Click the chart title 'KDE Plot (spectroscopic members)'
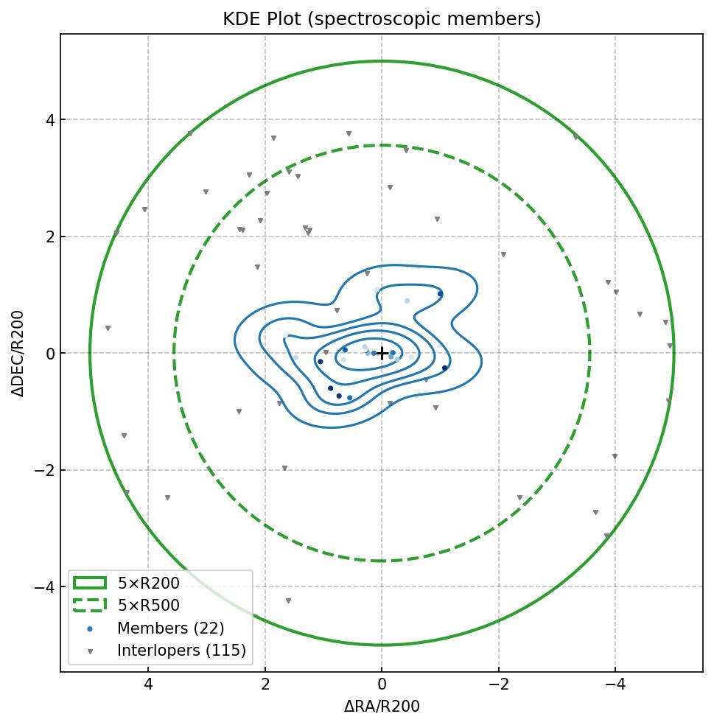click(x=382, y=19)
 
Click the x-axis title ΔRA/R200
click(x=382, y=707)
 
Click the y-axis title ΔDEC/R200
click(x=18, y=354)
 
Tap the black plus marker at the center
click(x=382, y=354)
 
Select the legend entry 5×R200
click(x=148, y=584)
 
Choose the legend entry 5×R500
click(x=148, y=606)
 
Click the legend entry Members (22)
click(x=170, y=628)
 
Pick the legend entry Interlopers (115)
click(x=181, y=651)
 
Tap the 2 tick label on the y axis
click(x=49, y=237)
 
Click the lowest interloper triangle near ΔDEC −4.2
click(x=288, y=601)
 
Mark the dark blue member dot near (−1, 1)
click(x=440, y=294)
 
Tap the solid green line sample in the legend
click(x=90, y=584)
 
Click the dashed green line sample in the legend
click(x=90, y=606)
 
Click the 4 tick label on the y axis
click(x=49, y=120)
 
